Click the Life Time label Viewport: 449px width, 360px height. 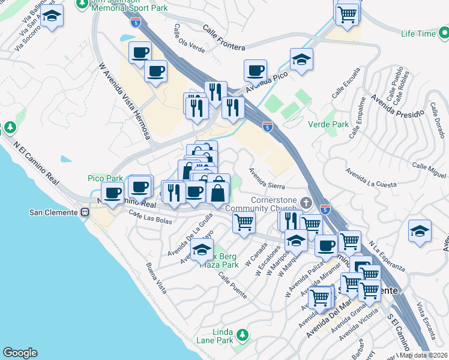pyautogui.click(x=419, y=34)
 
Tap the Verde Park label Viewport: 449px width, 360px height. pyautogui.click(x=328, y=124)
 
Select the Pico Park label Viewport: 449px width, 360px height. pyautogui.click(x=106, y=178)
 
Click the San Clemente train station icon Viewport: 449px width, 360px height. pyautogui.click(x=86, y=212)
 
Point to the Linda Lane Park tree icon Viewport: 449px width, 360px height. pyautogui.click(x=241, y=334)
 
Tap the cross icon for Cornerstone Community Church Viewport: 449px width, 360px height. pyautogui.click(x=306, y=202)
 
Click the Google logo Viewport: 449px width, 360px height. pyautogui.click(x=20, y=353)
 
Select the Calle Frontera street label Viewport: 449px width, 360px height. pyautogui.click(x=223, y=38)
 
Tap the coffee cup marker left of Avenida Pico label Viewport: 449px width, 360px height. pyautogui.click(x=255, y=70)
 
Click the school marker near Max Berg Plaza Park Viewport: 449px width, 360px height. pyautogui.click(x=202, y=249)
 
